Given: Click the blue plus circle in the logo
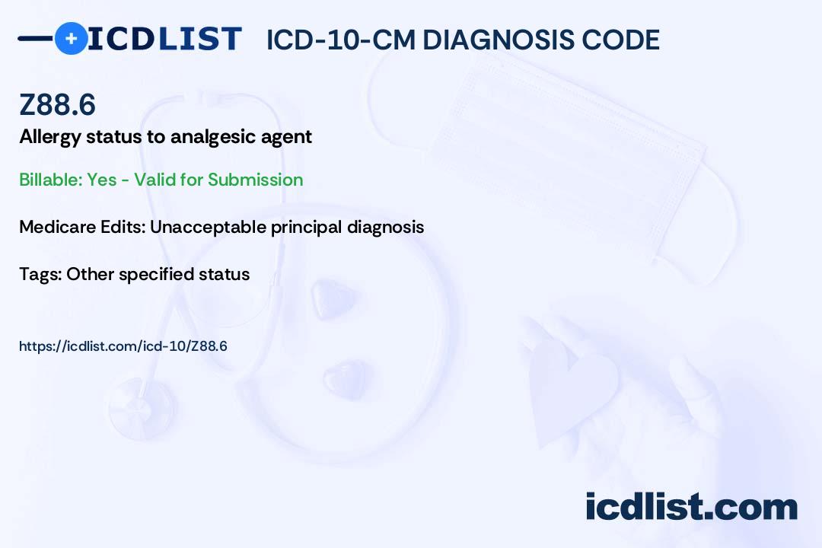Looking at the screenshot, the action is click(72, 39).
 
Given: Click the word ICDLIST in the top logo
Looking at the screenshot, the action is click(164, 39).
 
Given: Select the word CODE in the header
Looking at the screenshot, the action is click(620, 40).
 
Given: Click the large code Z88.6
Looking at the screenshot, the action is click(57, 104).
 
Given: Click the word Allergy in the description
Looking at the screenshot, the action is click(49, 138).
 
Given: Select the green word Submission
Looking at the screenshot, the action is click(255, 180).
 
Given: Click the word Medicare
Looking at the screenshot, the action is click(58, 227).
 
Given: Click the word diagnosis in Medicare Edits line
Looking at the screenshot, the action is click(385, 228).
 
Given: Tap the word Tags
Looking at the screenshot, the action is click(40, 274).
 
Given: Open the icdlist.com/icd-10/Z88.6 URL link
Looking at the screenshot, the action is click(123, 346).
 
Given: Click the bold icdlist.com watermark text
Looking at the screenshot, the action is click(691, 507).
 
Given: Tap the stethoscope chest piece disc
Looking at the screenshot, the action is click(142, 407).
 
